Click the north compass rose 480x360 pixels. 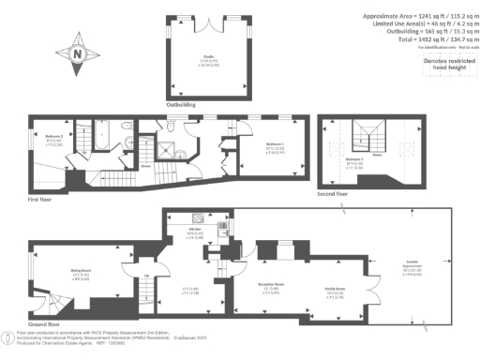tap(75, 53)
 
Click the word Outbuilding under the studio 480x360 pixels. tap(181, 105)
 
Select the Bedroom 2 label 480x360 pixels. tap(54, 136)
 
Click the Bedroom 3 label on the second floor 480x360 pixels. tap(354, 161)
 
